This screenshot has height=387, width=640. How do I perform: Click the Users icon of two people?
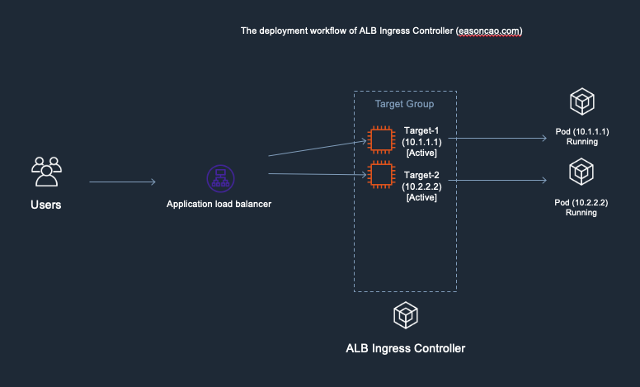pyautogui.click(x=46, y=171)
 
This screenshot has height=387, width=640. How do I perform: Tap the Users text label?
pyautogui.click(x=46, y=205)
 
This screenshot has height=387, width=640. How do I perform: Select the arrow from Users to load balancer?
pyautogui.click(x=122, y=182)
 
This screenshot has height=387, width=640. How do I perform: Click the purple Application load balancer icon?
pyautogui.click(x=220, y=178)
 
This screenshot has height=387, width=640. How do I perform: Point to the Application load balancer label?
pyautogui.click(x=219, y=205)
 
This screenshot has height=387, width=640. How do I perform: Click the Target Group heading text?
pyautogui.click(x=404, y=105)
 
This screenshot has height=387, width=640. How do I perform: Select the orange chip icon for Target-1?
pyautogui.click(x=380, y=139)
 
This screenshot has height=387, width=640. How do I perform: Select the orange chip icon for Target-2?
pyautogui.click(x=380, y=175)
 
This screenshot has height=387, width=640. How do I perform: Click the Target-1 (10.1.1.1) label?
pyautogui.click(x=421, y=141)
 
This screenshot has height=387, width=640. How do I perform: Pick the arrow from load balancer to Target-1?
pyautogui.click(x=317, y=148)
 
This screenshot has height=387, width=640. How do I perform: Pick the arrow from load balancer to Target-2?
pyautogui.click(x=317, y=174)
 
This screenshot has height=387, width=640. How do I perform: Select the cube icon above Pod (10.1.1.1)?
pyautogui.click(x=582, y=103)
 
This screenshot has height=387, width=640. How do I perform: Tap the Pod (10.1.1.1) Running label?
pyautogui.click(x=581, y=136)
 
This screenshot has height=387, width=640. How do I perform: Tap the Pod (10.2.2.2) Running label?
pyautogui.click(x=581, y=207)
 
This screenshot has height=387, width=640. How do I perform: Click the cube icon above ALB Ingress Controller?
pyautogui.click(x=405, y=314)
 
